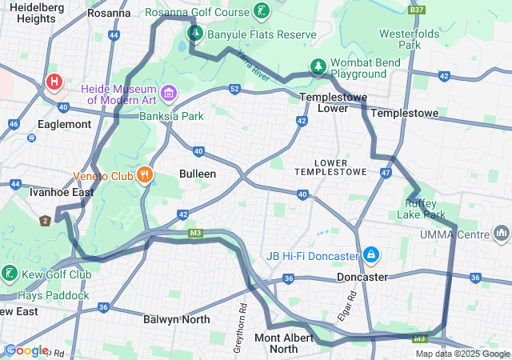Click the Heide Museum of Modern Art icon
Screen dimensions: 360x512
click(169, 94)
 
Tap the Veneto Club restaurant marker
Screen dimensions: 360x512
click(144, 175)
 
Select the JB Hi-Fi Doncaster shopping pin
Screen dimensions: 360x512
click(370, 255)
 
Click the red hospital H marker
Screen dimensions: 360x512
click(54, 82)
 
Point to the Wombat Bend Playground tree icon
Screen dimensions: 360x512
click(318, 66)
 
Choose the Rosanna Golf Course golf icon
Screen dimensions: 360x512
click(261, 11)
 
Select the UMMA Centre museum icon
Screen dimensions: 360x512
click(502, 234)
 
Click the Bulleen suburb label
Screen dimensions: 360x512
click(198, 174)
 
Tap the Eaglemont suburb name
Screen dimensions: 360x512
click(64, 124)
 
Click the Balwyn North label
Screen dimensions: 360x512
click(176, 319)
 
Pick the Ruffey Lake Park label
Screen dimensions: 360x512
click(421, 209)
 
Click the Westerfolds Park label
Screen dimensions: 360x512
click(409, 39)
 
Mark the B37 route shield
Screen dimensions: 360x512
click(416, 10)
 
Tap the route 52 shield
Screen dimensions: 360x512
click(234, 88)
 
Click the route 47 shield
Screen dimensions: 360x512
click(386, 173)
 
